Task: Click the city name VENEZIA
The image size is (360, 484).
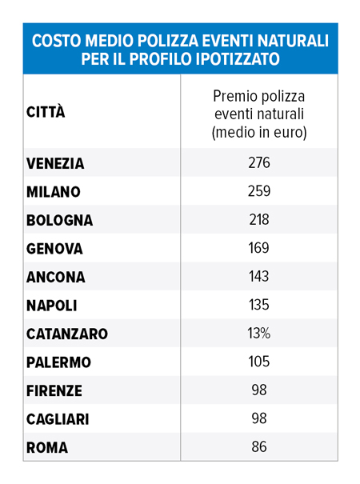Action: coord(55,163)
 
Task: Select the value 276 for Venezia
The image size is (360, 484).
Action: coord(259,163)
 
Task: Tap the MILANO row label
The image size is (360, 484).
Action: coord(53,192)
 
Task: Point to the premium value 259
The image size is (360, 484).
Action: coord(259,192)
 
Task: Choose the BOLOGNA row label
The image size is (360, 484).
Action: coord(59,220)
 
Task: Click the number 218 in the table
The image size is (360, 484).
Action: coord(259,220)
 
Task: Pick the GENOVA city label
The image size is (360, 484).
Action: coord(54,249)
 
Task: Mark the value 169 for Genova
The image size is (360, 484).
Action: coord(259,249)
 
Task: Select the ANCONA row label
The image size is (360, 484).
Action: coord(55,277)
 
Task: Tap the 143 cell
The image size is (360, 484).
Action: coord(259,277)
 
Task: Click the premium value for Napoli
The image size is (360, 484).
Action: coord(259,306)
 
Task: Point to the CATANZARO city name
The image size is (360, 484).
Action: coord(66,334)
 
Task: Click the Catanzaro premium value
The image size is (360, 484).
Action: coord(259,334)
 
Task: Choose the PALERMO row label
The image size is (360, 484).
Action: coord(58,362)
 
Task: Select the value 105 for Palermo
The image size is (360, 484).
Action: coord(259,362)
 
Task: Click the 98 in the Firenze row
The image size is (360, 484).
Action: coord(259,390)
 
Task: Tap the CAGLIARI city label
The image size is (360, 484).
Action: coord(58,419)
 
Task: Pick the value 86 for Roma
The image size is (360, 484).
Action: coord(259,447)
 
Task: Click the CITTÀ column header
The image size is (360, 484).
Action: coord(46,111)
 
